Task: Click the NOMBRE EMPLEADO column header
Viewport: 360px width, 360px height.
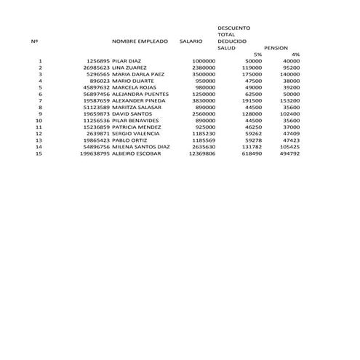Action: tap(140, 41)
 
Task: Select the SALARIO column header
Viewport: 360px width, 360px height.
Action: tap(191, 41)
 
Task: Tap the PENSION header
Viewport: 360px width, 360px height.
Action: tap(276, 48)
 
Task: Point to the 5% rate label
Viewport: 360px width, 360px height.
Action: tap(257, 55)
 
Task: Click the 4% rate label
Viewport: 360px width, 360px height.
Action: tap(295, 55)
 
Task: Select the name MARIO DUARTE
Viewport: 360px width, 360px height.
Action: tap(132, 81)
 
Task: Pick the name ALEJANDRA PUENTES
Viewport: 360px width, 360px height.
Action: tap(140, 94)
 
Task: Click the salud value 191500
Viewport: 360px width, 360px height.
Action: tap(252, 100)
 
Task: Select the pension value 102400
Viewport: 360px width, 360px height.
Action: tap(289, 113)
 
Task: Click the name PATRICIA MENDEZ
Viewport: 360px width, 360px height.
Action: tap(137, 127)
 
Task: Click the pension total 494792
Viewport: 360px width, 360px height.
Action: tap(289, 153)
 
